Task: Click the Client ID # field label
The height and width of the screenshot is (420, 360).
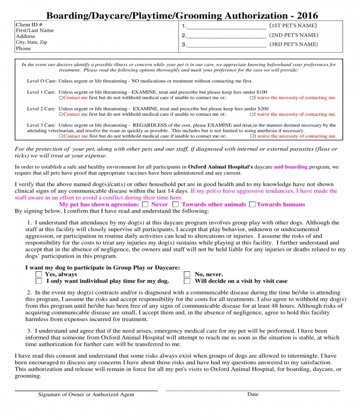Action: (x=28, y=25)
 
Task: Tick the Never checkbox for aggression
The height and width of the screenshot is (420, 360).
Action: (x=144, y=204)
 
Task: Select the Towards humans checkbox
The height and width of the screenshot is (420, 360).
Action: (x=253, y=204)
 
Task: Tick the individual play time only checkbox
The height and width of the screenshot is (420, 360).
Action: (x=39, y=280)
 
